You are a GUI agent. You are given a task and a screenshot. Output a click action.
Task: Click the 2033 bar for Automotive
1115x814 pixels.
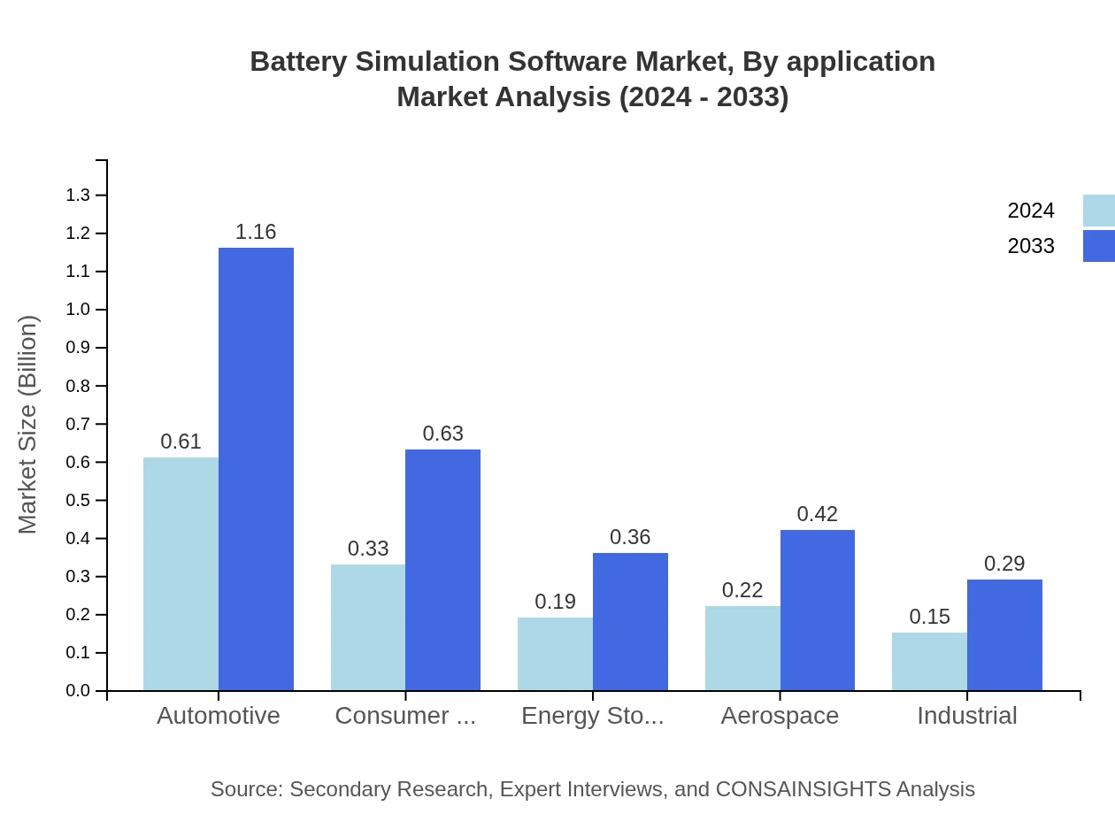pos(256,469)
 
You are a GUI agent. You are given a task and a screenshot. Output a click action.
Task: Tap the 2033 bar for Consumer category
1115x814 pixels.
pos(442,570)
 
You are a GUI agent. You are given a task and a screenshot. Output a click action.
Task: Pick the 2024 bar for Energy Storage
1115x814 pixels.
pos(555,654)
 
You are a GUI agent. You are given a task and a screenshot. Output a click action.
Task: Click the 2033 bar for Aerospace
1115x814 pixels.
pos(818,610)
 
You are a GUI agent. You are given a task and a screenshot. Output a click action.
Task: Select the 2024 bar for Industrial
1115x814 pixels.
pos(929,661)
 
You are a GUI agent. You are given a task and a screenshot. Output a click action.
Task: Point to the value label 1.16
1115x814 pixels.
pos(256,232)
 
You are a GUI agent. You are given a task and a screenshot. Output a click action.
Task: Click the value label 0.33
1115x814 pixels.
pos(368,549)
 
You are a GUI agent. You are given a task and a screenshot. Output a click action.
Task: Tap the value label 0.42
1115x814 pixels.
pos(818,514)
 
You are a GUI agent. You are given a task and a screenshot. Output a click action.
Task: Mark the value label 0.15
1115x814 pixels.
pos(929,617)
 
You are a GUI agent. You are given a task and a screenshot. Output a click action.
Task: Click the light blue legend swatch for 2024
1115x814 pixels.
pos(1098,211)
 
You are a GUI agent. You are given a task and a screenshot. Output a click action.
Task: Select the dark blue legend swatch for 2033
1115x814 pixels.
pos(1098,246)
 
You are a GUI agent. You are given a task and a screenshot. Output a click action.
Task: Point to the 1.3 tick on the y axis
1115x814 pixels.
pos(78,196)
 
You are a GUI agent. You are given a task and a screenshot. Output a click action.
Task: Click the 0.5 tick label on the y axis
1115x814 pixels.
pos(78,501)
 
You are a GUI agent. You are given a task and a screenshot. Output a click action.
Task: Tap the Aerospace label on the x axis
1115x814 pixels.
pos(780,715)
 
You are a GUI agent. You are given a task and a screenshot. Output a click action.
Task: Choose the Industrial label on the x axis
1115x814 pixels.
pos(966,715)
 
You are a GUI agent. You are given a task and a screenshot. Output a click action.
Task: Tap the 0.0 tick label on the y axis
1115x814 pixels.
pos(78,691)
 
